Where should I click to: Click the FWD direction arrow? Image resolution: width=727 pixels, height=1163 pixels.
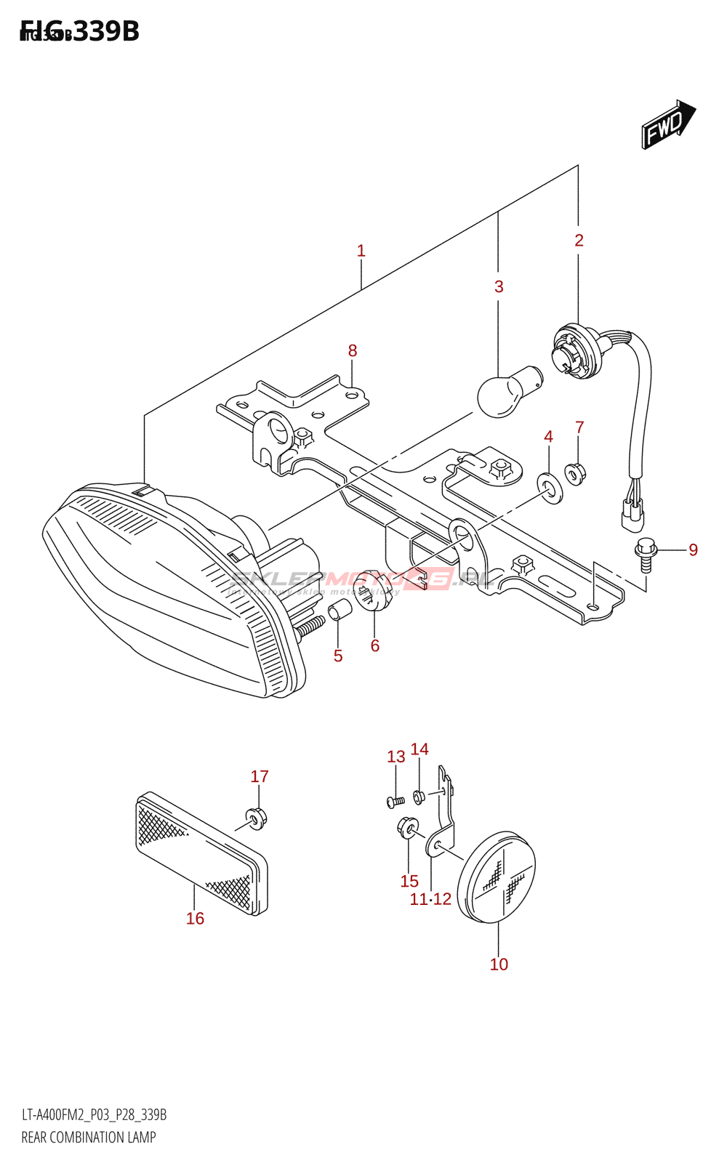667,125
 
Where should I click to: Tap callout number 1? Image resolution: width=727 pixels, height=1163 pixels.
361,251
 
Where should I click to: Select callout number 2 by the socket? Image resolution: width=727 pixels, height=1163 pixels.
579,240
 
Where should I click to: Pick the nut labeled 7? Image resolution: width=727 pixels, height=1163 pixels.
576,474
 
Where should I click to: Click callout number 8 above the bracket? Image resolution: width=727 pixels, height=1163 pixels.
353,350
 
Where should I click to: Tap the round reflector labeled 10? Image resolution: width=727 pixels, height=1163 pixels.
497,877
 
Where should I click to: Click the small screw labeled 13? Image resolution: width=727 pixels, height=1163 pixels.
395,801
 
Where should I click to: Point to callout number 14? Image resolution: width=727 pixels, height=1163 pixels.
419,749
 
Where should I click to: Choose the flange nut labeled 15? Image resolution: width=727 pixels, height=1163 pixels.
408,827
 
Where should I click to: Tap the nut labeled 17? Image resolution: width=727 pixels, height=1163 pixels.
255,818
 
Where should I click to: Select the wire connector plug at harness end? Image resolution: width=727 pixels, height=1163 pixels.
632,512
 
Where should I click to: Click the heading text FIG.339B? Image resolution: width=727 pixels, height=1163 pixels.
80,31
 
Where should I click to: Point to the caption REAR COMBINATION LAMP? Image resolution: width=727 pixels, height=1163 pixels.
89,1138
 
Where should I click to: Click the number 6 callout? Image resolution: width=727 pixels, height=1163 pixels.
375,645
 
